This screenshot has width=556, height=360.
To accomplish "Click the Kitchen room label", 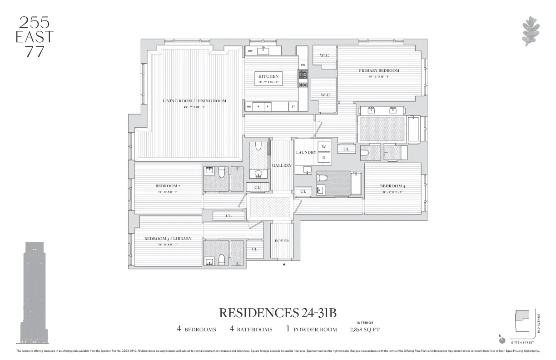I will click(268, 76).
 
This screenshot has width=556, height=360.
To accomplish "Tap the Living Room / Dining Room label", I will click(194, 101).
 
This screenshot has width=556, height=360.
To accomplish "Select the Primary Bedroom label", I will click(379, 70).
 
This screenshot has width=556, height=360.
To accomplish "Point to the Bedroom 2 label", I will click(168, 186).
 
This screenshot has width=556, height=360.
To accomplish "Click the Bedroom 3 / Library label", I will click(168, 239).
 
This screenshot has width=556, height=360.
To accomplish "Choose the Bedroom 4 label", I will click(392, 186).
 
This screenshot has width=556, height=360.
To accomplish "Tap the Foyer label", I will click(282, 241).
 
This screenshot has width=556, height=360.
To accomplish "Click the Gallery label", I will click(282, 165).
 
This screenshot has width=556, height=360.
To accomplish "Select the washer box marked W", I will click(324, 146).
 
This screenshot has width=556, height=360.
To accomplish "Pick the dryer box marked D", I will click(324, 158).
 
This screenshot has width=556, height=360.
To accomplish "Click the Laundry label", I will click(306, 152).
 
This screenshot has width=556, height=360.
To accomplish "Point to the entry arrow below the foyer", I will click(285, 264).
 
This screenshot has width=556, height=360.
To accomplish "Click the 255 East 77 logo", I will click(35, 37).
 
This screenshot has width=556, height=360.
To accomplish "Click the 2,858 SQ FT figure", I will click(365, 330).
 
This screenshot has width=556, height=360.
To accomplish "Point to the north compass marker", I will click(501, 340).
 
